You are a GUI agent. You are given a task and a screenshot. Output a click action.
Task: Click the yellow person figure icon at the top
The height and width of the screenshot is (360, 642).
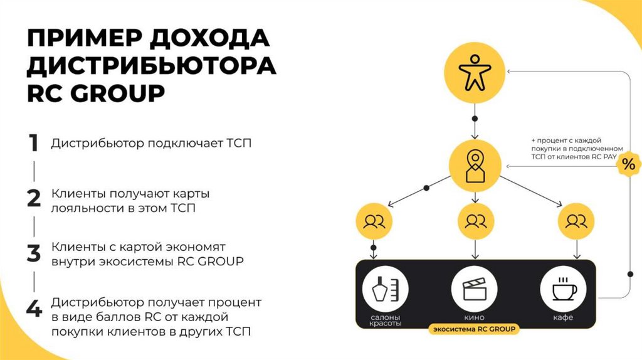click(x=475, y=74)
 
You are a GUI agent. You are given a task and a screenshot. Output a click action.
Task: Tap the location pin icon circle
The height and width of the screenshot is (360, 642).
click(x=475, y=165)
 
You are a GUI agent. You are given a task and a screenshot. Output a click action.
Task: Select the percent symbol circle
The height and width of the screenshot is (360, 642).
click(x=628, y=165)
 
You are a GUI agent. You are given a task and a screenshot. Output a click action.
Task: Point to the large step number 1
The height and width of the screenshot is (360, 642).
click(x=34, y=143)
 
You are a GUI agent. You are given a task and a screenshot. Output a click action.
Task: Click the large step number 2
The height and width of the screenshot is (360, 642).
click(x=34, y=198)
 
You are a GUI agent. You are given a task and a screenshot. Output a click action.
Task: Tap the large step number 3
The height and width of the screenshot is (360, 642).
click(x=34, y=253)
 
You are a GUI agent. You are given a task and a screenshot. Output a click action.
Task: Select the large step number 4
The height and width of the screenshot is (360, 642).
click(x=34, y=309)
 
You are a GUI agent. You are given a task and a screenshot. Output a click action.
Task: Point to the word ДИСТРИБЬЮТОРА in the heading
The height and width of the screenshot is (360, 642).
click(x=151, y=66)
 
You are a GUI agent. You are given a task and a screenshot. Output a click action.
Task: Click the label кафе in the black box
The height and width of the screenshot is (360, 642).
click(x=563, y=318)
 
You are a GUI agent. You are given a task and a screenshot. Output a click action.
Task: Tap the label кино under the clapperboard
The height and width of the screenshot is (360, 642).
click(x=475, y=318)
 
